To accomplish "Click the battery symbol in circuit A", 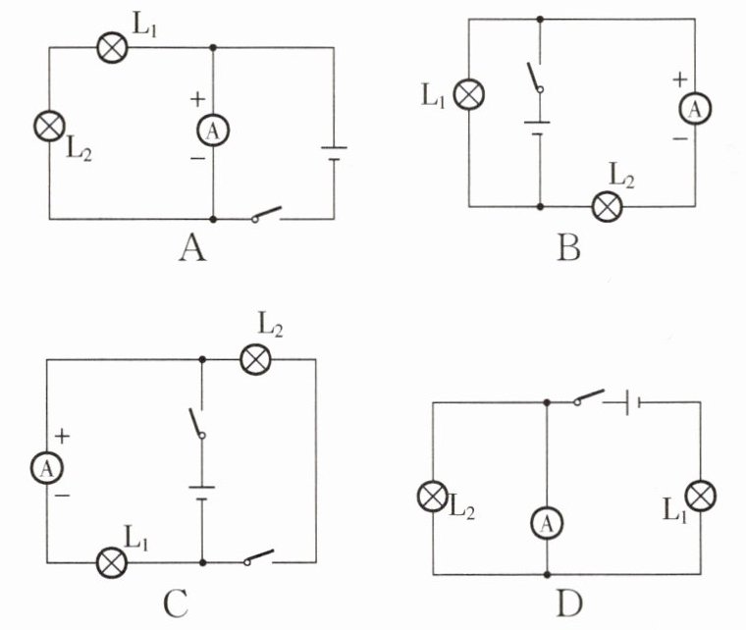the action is (334, 154).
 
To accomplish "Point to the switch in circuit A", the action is (266, 214).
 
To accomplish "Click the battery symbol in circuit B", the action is (538, 129).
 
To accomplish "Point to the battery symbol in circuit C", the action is (202, 493).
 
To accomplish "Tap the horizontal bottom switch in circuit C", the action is (259, 557).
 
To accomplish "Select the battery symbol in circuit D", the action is (633, 402).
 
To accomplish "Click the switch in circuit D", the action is (589, 397).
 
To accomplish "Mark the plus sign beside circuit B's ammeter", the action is (680, 79).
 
